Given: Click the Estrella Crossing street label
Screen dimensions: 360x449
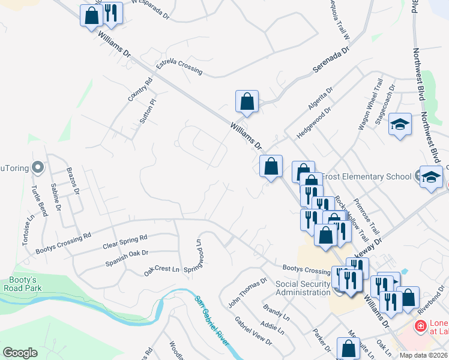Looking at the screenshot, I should [x=179, y=66].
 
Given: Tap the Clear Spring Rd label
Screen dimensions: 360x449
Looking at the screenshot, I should [x=125, y=242].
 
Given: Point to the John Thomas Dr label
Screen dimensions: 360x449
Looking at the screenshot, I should [x=247, y=293].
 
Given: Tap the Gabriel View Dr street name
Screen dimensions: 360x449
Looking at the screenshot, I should [x=253, y=331].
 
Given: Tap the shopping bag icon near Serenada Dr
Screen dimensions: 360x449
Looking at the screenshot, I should [x=247, y=101].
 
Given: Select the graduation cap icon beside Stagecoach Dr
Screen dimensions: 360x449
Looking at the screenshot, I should [x=400, y=124].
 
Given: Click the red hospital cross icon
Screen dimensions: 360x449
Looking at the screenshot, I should [x=421, y=326].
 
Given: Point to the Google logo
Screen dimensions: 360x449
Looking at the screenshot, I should [x=20, y=353].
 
